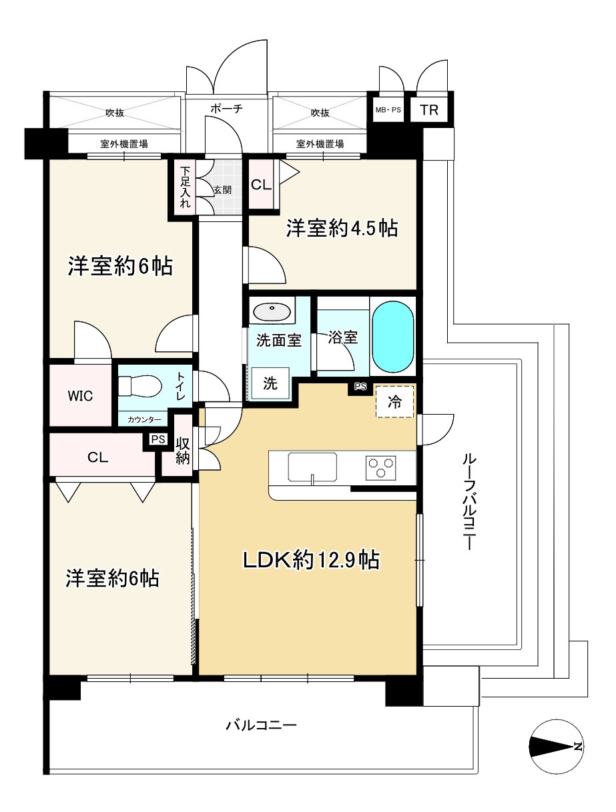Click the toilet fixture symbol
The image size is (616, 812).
pos(140,386)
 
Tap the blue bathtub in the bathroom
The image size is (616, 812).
pos(392,337)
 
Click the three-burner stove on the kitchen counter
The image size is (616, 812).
pos(380,468)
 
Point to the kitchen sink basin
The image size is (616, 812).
pos(312,467)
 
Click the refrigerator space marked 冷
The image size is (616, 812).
pos(394,401)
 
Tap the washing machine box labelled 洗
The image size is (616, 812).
pos(270,383)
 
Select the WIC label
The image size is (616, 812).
pos(80,396)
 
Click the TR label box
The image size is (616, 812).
pos(429,110)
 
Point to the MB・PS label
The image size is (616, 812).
pos(388,110)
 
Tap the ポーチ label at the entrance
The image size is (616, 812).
pos(226,109)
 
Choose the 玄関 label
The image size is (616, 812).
pos(222,190)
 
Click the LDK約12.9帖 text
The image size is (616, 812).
pos(311,559)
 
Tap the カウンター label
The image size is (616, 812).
pos(144,419)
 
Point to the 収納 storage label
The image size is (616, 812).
pos(182,451)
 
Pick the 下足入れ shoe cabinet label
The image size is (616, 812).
pos(185,187)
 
